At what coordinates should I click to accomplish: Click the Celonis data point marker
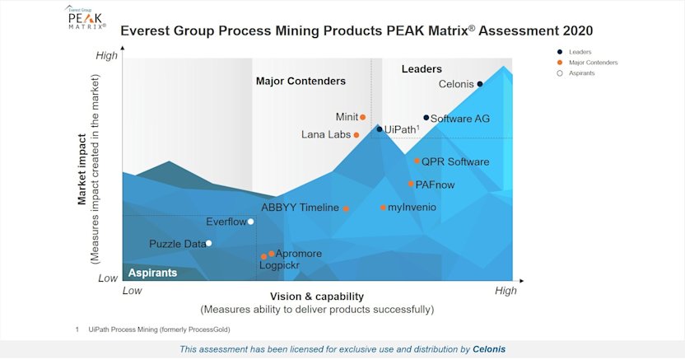point(480,84)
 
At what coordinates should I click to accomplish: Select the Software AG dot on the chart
point(426,118)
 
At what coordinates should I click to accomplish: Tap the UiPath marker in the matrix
point(380,129)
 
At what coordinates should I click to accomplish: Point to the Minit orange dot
point(363,117)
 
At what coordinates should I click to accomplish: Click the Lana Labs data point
point(356,135)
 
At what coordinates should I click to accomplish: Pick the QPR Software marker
point(417,161)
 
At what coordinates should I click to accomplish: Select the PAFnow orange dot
point(411,184)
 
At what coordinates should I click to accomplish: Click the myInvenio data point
point(383,208)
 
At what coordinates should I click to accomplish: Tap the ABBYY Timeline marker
point(346,208)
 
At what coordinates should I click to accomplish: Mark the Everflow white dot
point(251,222)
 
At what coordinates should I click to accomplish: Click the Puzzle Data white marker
point(209,243)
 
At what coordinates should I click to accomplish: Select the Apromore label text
point(299,254)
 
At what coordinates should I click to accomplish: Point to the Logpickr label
point(280,265)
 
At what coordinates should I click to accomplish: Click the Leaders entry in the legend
point(580,52)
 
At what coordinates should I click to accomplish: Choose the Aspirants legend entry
point(581,73)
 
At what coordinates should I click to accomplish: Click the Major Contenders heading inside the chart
point(301,82)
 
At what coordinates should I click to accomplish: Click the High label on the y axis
point(107,56)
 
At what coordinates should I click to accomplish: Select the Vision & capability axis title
point(316,296)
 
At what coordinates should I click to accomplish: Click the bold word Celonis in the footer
point(489,349)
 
